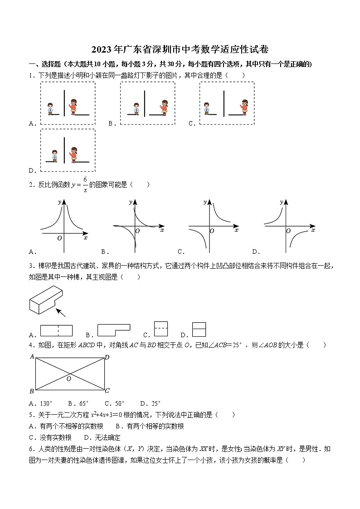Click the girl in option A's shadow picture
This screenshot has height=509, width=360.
click(73, 106)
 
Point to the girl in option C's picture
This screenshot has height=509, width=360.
click(244, 106)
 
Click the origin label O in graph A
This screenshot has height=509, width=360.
click(59, 238)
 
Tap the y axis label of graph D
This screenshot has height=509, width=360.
click(282, 202)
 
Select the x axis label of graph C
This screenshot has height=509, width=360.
click(236, 230)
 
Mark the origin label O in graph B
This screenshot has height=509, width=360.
click(137, 231)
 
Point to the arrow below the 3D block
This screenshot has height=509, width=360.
click(60, 312)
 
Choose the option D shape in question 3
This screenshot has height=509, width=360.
click(199, 329)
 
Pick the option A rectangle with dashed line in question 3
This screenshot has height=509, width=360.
click(56, 330)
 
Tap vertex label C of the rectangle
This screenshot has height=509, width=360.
click(107, 391)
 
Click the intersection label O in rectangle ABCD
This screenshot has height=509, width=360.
click(69, 379)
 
